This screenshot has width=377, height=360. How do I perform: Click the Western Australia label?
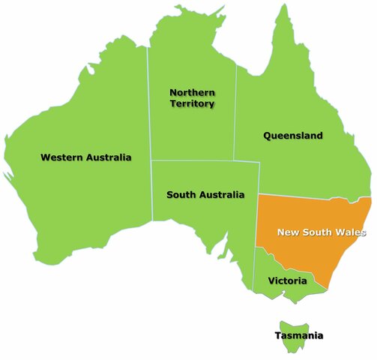click(x=85, y=157)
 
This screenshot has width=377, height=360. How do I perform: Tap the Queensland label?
click(x=292, y=136)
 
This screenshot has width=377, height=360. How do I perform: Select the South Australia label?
click(x=205, y=195)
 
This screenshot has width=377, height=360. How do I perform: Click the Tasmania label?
click(x=300, y=335)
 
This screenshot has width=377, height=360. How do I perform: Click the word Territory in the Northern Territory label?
click(x=193, y=103)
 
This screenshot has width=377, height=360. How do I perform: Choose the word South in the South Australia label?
click(x=181, y=195)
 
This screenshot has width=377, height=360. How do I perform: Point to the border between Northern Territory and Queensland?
click(x=236, y=112)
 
